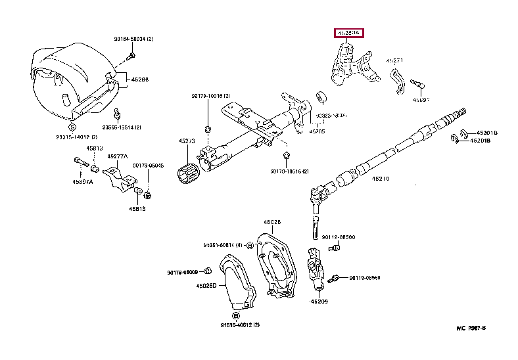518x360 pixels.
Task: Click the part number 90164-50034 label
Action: click(x=133, y=39)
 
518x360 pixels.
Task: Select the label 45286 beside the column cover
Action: click(x=139, y=79)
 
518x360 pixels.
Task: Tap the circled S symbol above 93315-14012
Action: click(x=72, y=127)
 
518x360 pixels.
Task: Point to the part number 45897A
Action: click(x=82, y=181)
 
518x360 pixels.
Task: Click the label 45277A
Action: click(x=118, y=156)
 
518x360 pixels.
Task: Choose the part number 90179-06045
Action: click(x=148, y=166)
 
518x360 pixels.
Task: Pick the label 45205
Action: click(x=317, y=131)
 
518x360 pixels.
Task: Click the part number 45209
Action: click(x=319, y=302)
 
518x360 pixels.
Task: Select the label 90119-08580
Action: click(x=339, y=236)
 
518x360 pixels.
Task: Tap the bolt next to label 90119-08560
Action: click(x=335, y=279)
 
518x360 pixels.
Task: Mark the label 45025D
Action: click(x=206, y=285)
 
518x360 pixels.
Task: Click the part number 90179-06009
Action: click(x=182, y=272)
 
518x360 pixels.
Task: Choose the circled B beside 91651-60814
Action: click(x=250, y=245)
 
